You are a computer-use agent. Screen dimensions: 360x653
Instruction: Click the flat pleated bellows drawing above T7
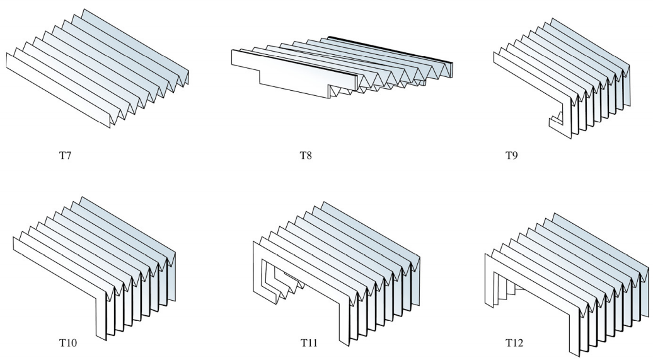click(x=98, y=69)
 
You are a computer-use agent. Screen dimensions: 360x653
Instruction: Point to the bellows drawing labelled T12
click(x=567, y=271)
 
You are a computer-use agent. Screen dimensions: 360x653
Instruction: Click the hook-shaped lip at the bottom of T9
click(x=555, y=120)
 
